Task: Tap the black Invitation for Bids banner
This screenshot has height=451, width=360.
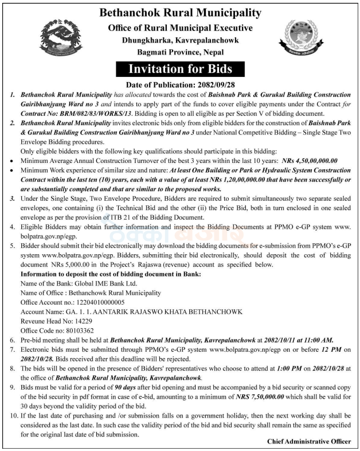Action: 180,69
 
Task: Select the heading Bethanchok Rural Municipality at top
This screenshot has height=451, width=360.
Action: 180,13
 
